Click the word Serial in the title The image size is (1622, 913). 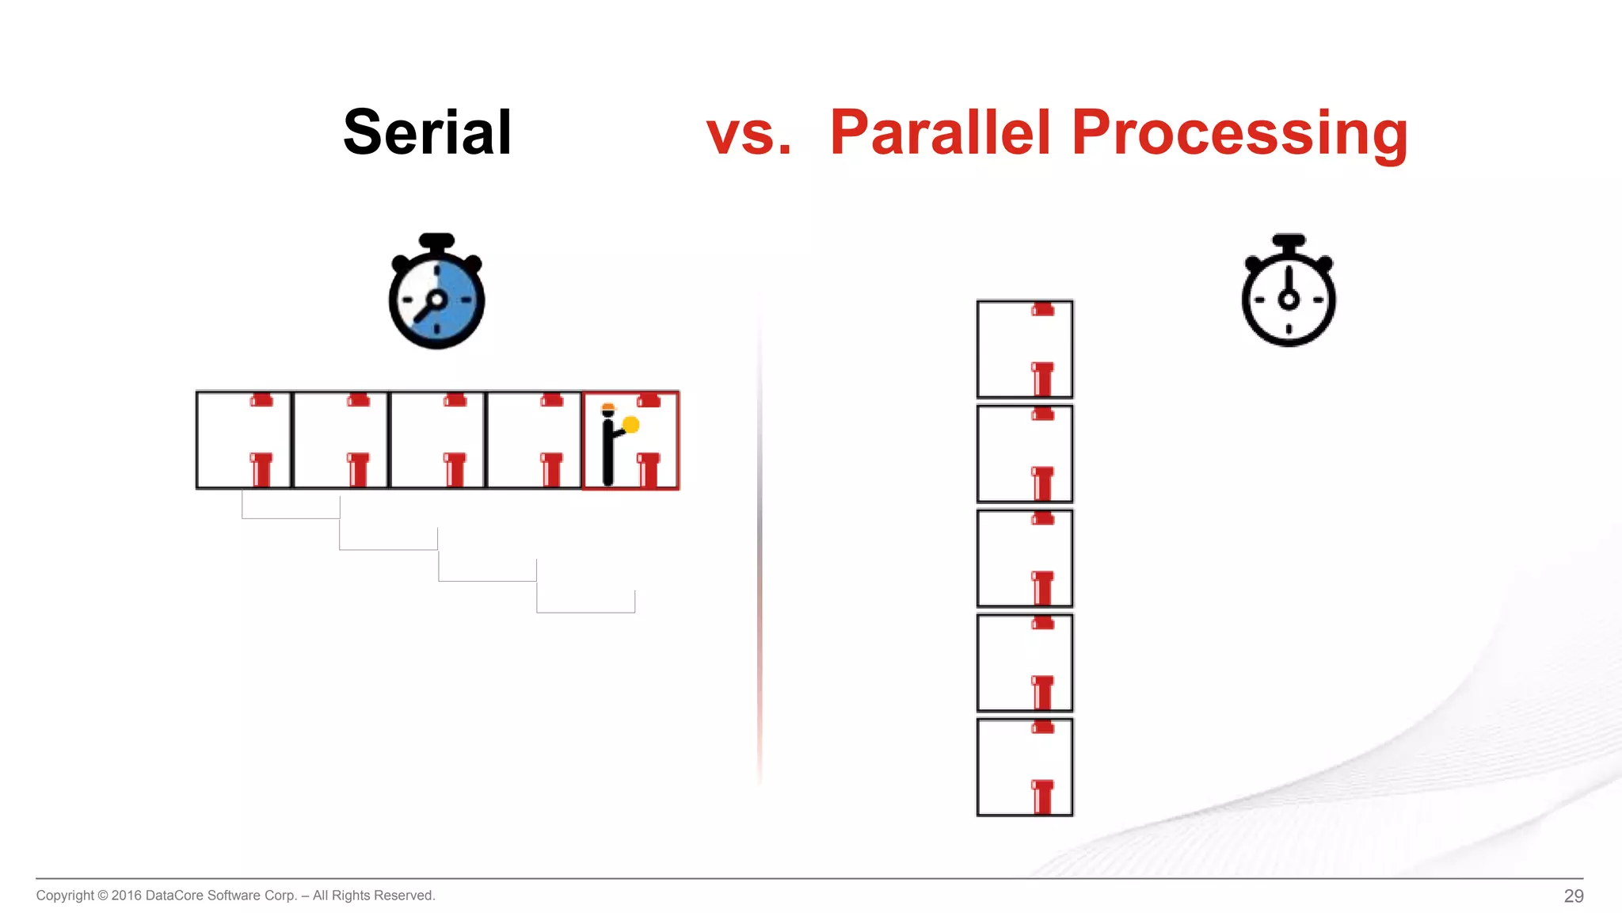pyautogui.click(x=427, y=132)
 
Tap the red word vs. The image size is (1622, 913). pyautogui.click(x=748, y=132)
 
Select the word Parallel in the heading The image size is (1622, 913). pyautogui.click(x=940, y=132)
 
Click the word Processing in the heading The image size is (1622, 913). pyautogui.click(x=1239, y=132)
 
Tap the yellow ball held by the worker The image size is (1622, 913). pyautogui.click(x=631, y=425)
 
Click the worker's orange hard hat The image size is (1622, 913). pyautogui.click(x=607, y=408)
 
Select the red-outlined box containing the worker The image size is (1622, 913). pyautogui.click(x=630, y=441)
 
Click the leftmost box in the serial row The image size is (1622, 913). pyautogui.click(x=244, y=441)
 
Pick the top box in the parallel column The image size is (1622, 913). pyautogui.click(x=1025, y=349)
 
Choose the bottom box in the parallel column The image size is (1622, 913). pyautogui.click(x=1025, y=767)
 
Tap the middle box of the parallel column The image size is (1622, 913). pyautogui.click(x=1025, y=558)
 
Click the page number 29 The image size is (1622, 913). pyautogui.click(x=1573, y=896)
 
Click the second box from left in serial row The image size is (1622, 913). pyautogui.click(x=341, y=441)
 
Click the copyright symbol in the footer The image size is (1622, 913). pyautogui.click(x=102, y=896)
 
